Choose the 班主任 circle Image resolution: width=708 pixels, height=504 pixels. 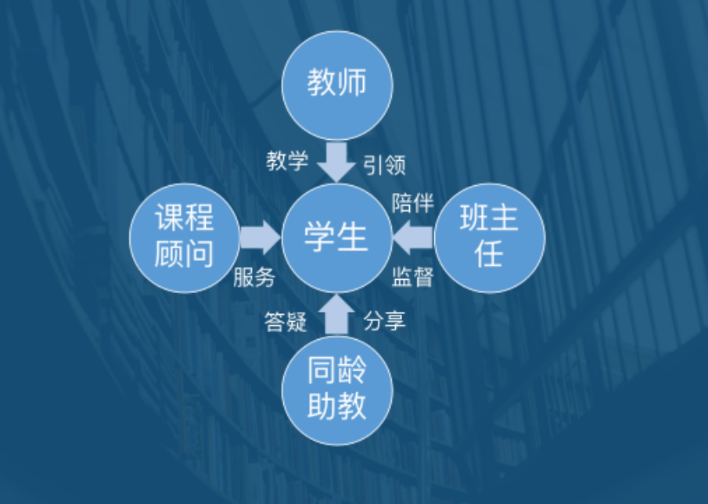point(489,238)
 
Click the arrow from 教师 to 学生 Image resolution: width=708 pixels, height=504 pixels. point(337,160)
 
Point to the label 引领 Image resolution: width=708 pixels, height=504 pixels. point(384,164)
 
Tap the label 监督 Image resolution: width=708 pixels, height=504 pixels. point(412,276)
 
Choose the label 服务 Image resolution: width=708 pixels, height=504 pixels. point(254,276)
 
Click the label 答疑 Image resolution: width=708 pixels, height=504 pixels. point(286,320)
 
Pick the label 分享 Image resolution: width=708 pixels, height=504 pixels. point(385,320)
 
